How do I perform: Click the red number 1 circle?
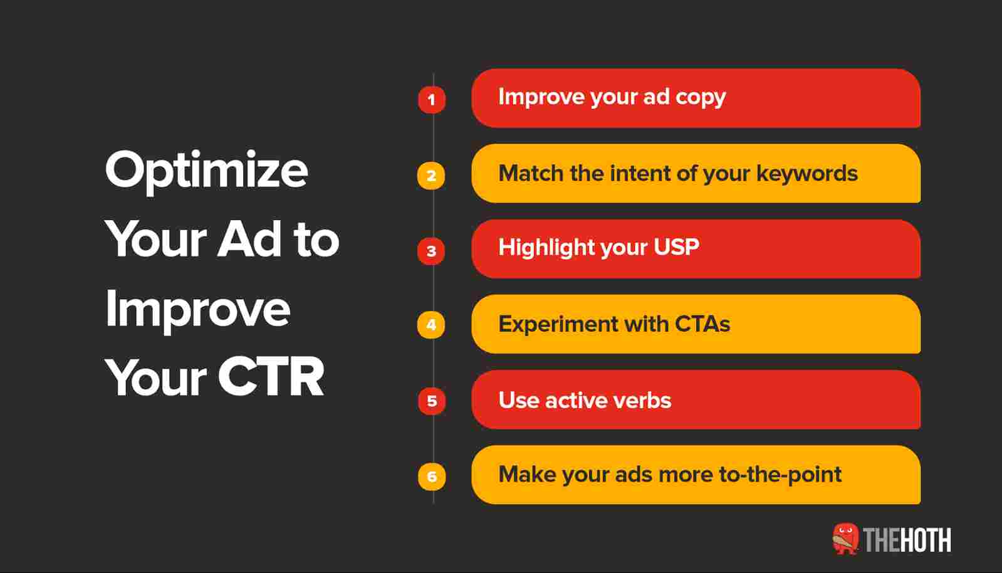pyautogui.click(x=432, y=100)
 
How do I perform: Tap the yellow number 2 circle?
pyautogui.click(x=431, y=176)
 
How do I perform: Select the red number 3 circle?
pyautogui.click(x=431, y=251)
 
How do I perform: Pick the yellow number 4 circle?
pyautogui.click(x=431, y=325)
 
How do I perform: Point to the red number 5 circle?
pyautogui.click(x=432, y=401)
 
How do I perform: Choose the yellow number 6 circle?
pyautogui.click(x=432, y=476)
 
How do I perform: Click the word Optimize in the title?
pyautogui.click(x=207, y=172)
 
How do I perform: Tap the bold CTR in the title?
pyautogui.click(x=271, y=377)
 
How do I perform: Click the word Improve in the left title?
pyautogui.click(x=198, y=310)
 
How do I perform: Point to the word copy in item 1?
pyautogui.click(x=701, y=98)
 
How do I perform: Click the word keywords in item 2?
pyautogui.click(x=807, y=173)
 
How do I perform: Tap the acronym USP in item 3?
pyautogui.click(x=676, y=246)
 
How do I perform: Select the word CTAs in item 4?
pyautogui.click(x=702, y=323)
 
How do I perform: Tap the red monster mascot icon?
pyautogui.click(x=845, y=539)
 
